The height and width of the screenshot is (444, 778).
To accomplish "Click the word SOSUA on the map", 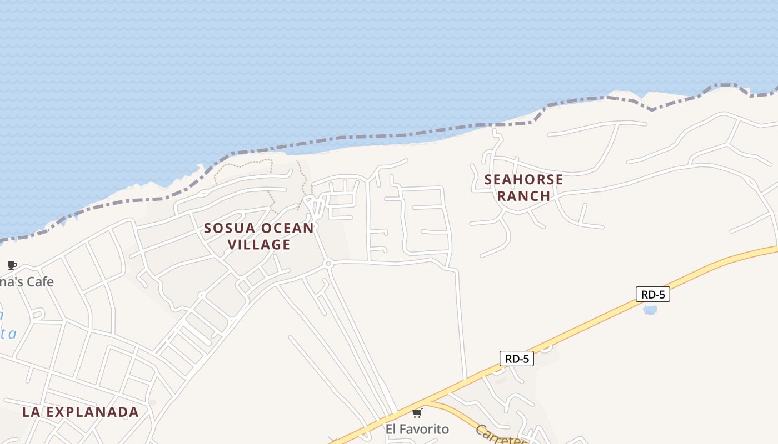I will point(229,228).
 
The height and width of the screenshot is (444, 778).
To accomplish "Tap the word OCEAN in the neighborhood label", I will point(287,228).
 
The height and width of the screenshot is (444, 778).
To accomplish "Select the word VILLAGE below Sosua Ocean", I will point(259,245).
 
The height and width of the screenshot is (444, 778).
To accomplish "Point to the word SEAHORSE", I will point(523,180).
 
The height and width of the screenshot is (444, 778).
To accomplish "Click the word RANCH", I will point(523,196).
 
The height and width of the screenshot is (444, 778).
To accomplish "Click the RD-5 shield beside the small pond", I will point(652,295).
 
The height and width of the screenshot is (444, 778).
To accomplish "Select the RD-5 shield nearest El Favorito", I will point(516,359).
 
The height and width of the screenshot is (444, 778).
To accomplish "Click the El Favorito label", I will point(417,429).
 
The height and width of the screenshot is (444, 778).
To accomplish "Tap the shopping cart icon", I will point(417,413).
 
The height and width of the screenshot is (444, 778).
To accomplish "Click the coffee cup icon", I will point(12,265).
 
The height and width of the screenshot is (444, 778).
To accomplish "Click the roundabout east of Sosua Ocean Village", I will point(328,263).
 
